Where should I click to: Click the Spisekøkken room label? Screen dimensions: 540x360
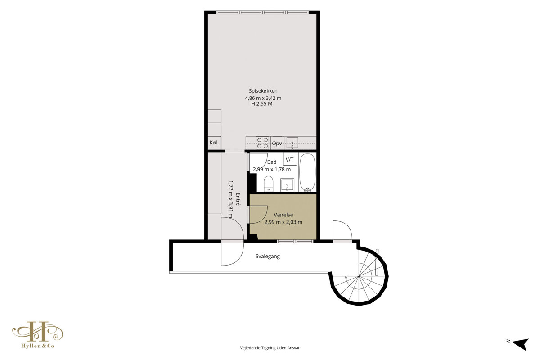pyautogui.click(x=263, y=91)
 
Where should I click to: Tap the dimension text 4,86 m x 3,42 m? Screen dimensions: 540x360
pyautogui.click(x=263, y=98)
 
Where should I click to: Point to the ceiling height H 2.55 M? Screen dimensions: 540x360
pyautogui.click(x=262, y=104)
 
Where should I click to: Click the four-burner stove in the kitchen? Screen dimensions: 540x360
pyautogui.click(x=262, y=143)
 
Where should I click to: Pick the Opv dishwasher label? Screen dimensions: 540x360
pyautogui.click(x=277, y=144)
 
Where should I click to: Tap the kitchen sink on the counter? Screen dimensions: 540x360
pyautogui.click(x=292, y=143)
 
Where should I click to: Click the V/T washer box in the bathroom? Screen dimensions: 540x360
pyautogui.click(x=290, y=159)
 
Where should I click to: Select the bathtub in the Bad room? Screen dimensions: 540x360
pyautogui.click(x=307, y=173)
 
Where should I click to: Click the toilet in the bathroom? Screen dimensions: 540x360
pyautogui.click(x=268, y=184)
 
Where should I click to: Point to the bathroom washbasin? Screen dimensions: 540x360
pyautogui.click(x=287, y=185)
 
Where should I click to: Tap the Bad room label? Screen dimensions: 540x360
pyautogui.click(x=272, y=162)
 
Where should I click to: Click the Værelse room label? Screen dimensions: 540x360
pyautogui.click(x=283, y=215)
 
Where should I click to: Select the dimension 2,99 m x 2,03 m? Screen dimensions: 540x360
pyautogui.click(x=283, y=222)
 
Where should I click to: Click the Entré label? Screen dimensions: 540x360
pyautogui.click(x=238, y=199)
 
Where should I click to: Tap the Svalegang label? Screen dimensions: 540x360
pyautogui.click(x=268, y=256)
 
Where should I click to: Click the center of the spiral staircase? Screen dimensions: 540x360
pyautogui.click(x=359, y=276)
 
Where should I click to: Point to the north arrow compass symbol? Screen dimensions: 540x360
pyautogui.click(x=521, y=344)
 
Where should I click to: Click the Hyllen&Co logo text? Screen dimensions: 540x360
pyautogui.click(x=38, y=346)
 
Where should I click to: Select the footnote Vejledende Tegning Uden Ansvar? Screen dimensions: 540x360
pyautogui.click(x=270, y=348)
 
